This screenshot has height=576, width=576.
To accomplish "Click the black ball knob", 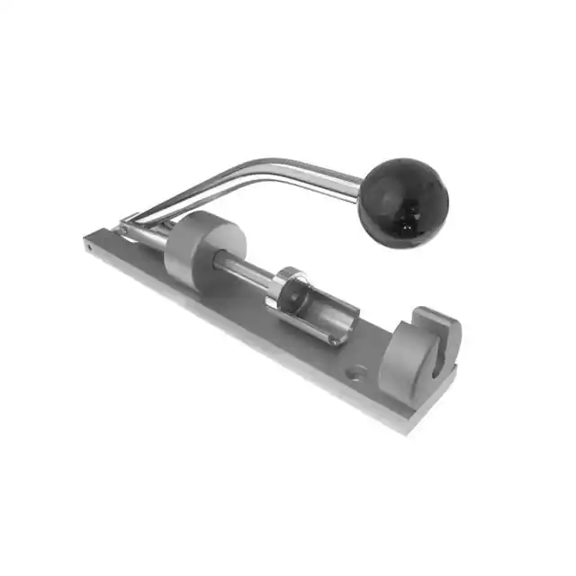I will [402, 202].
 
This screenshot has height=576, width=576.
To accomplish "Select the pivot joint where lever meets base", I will [130, 225].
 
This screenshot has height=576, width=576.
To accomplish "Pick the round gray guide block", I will [203, 247].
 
